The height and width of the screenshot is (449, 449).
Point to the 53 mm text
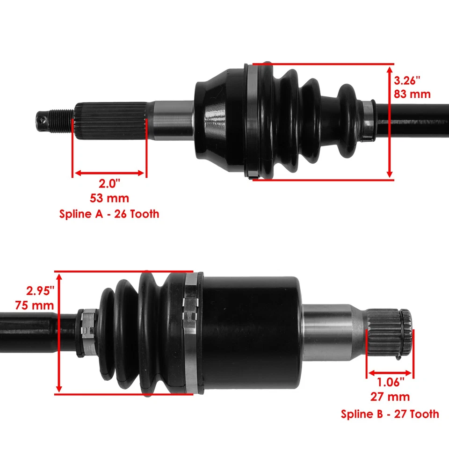(109, 199)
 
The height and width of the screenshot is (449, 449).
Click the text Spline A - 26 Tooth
(109, 214)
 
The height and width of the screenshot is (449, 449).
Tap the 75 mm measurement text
(40, 305)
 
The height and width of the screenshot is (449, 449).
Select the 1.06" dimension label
(391, 383)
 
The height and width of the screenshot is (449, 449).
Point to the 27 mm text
(391, 397)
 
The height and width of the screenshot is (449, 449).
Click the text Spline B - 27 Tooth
(390, 413)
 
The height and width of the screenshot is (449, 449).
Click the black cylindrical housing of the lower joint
(253, 332)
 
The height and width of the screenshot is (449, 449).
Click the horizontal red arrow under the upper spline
(109, 173)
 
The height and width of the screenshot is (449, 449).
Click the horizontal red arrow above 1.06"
(390, 373)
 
